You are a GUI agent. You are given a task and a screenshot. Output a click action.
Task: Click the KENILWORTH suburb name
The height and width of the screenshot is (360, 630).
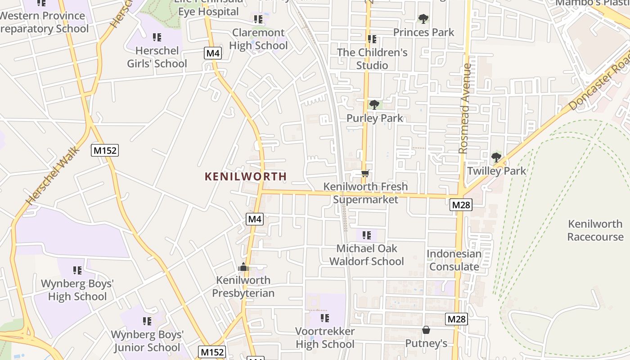point(246,176)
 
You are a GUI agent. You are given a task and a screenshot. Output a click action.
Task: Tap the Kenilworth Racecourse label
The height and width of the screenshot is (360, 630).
point(595,230)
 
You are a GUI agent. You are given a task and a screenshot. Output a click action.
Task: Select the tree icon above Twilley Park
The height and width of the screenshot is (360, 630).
point(496,157)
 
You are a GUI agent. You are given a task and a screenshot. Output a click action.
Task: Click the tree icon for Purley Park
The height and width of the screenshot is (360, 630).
point(374,105)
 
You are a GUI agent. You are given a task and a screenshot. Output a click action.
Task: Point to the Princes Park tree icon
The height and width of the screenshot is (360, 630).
point(423,19)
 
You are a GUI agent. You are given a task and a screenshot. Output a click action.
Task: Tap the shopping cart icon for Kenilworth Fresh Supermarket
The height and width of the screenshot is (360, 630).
point(365,173)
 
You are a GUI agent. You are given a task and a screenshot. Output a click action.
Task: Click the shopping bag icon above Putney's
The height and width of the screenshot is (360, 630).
point(426,330)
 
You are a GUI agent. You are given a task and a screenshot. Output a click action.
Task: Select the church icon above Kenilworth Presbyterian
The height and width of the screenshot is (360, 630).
point(243,267)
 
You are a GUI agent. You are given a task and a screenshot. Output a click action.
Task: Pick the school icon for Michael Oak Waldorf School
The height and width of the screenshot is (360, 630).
point(367,235)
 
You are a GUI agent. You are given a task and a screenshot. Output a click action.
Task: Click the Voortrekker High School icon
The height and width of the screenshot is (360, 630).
point(325,318)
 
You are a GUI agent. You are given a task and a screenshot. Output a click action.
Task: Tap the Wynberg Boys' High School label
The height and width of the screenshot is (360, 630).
point(77,290)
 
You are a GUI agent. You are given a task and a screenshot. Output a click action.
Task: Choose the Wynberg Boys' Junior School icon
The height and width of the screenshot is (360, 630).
point(147,321)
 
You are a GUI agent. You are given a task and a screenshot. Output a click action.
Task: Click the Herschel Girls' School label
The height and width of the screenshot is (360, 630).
point(157,57)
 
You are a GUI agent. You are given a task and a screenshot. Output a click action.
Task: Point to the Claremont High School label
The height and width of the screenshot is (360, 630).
point(258,39)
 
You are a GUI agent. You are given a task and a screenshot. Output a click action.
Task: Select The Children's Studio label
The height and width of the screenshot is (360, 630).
point(372,59)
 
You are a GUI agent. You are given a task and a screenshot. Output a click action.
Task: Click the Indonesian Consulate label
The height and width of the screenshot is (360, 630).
point(454,260)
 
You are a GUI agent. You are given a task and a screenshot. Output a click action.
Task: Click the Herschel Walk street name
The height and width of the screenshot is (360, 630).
point(52,175)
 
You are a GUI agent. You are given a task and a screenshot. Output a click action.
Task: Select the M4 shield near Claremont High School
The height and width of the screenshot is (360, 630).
point(213,53)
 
